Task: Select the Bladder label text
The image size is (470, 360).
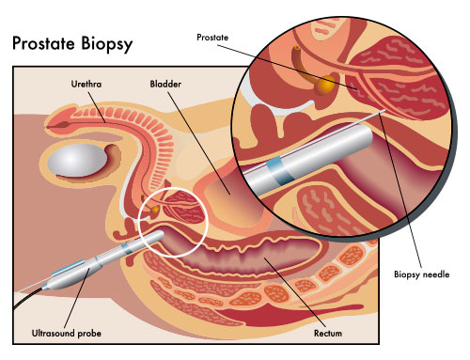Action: coord(166,84)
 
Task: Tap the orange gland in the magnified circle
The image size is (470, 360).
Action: coord(324,86)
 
